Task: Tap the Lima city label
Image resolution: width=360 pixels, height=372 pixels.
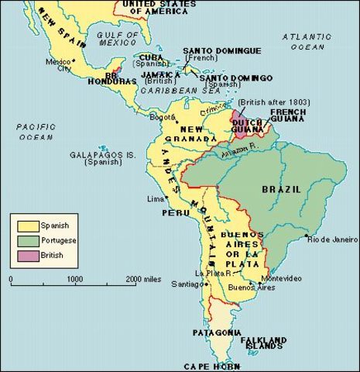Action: (x=156, y=199)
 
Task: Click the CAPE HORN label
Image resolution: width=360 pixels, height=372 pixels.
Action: (x=209, y=365)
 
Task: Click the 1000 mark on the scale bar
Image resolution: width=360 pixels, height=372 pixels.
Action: (x=74, y=278)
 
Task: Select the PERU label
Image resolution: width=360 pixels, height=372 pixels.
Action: (x=175, y=212)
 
